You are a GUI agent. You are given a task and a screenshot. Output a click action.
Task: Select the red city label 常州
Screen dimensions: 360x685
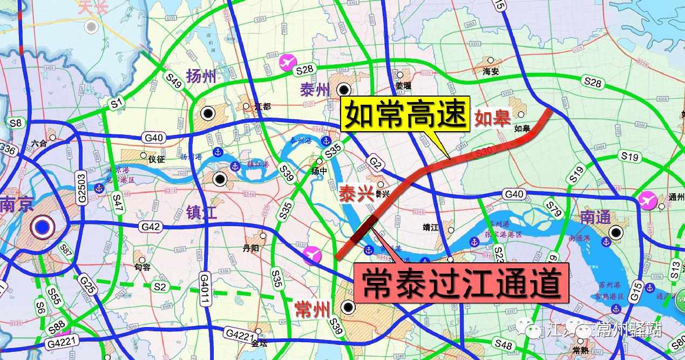point(312,310)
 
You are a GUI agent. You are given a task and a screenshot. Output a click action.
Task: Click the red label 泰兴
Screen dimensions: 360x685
point(356,195)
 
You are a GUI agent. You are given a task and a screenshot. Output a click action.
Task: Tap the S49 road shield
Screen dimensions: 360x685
point(174,80)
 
